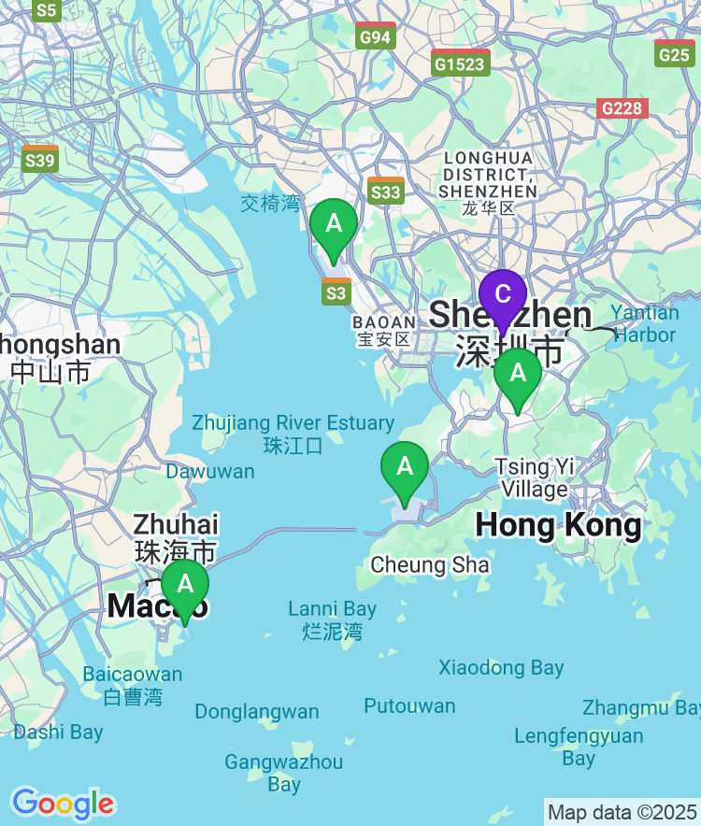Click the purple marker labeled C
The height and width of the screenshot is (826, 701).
[503, 296]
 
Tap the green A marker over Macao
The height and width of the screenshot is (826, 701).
[185, 586]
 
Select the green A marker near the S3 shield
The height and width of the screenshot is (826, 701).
[334, 225]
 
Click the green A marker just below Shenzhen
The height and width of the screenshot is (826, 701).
[518, 375]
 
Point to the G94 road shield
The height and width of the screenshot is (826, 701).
[376, 36]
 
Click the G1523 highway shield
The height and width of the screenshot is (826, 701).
[461, 64]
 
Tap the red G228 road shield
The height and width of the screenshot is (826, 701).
[622, 107]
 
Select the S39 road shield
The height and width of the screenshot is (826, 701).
[40, 160]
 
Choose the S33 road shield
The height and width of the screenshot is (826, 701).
[386, 192]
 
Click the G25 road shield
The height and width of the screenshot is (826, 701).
[674, 53]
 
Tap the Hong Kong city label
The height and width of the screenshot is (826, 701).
[558, 525]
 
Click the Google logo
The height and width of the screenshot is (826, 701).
[63, 803]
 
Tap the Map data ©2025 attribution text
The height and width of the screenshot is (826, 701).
[621, 812]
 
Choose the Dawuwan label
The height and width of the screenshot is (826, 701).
[210, 471]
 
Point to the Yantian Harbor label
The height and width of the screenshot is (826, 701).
[645, 323]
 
